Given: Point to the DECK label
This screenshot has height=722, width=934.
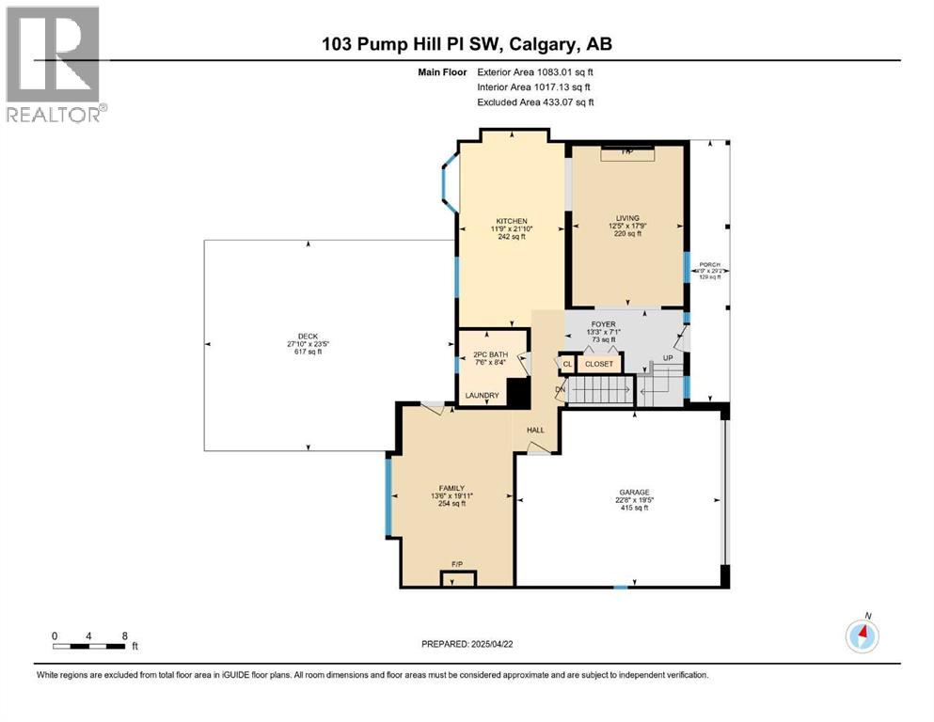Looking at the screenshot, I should [308, 337].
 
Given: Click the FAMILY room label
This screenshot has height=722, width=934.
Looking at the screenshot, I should [452, 486].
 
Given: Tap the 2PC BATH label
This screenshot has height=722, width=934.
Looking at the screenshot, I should [481, 355].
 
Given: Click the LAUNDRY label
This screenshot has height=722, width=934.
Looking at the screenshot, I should [482, 396].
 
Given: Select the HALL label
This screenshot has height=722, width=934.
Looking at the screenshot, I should [535, 430].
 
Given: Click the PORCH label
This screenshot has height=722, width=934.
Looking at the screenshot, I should [710, 265].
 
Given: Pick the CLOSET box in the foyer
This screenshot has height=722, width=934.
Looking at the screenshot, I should [599, 364].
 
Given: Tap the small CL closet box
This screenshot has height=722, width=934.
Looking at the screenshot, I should [567, 364].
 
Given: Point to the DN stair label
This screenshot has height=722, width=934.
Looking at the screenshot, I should [560, 389].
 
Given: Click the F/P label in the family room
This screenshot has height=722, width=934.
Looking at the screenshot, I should [458, 564].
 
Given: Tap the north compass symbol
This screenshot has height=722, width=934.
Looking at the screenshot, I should [862, 636].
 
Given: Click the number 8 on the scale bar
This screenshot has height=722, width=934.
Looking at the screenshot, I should [124, 636].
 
